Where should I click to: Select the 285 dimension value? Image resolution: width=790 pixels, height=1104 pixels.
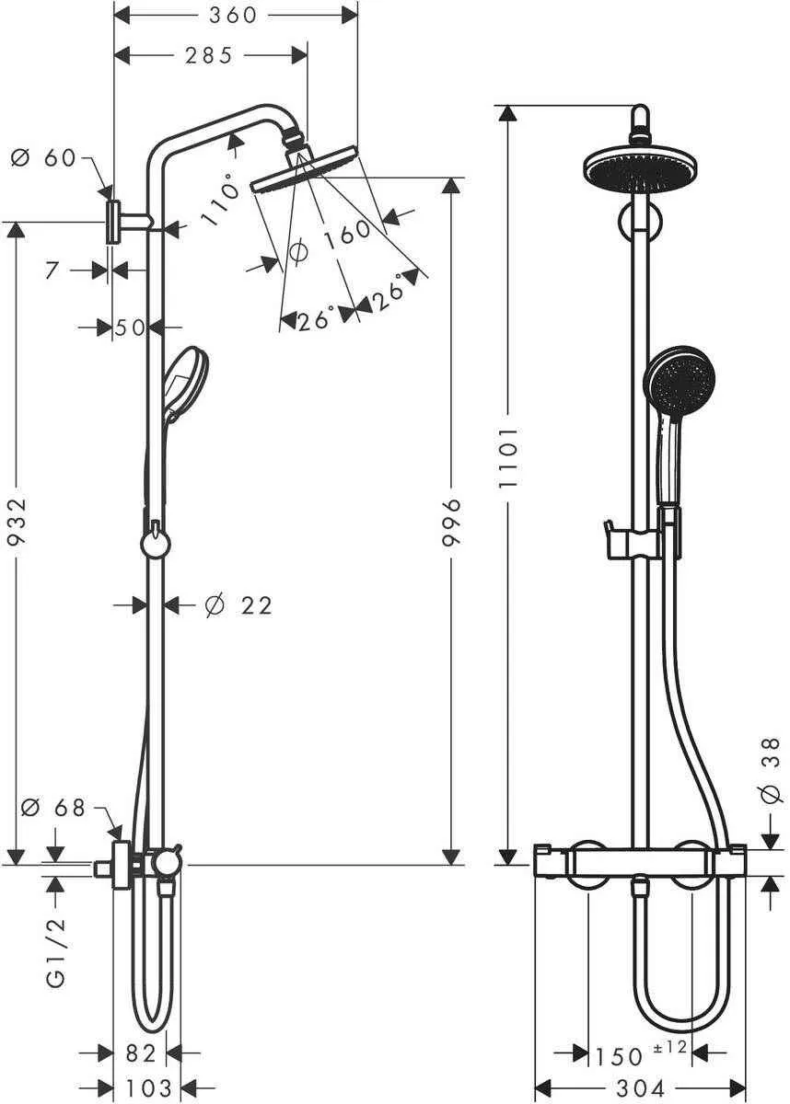[208, 56]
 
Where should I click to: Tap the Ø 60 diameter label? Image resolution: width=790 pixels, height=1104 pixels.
[43, 158]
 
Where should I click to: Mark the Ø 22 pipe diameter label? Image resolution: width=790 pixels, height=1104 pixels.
[238, 605]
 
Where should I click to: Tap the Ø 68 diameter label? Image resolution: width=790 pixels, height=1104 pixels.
[52, 808]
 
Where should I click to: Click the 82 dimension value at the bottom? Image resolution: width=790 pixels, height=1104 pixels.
[141, 1053]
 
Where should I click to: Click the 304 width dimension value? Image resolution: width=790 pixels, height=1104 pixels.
[640, 1088]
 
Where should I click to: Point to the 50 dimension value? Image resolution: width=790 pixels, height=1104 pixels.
[131, 327]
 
